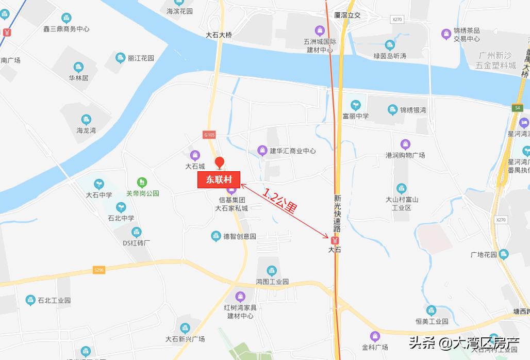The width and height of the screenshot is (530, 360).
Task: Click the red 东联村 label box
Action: coord(219,179)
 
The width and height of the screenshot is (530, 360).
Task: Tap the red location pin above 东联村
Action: coord(219,162)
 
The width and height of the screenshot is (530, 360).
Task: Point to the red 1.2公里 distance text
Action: coord(280,202)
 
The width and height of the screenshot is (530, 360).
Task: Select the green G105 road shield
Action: coord(209,135)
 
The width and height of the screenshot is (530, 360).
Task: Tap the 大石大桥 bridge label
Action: coord(219,35)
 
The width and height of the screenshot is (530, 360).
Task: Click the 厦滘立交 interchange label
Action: coord(347,15)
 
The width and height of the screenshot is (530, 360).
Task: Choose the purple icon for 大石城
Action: coord(195,155)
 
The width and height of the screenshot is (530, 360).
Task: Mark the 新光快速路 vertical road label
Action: coord(338,213)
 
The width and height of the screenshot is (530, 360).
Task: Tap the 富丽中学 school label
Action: coord(356,116)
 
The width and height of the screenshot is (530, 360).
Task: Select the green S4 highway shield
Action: coord(517,108)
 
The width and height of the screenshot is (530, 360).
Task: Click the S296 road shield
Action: coord(99,270)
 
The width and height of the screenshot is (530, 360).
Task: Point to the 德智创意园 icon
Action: coord(216,236)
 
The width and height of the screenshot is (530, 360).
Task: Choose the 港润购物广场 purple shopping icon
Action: coord(405,144)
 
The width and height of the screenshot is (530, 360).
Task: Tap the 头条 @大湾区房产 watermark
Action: coord(463,342)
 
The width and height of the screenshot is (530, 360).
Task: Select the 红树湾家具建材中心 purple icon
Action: coord(240,297)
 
